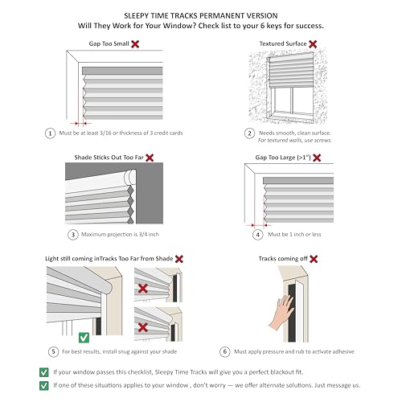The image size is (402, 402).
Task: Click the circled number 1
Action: pos(50,133)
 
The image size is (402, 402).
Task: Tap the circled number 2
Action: pos(249,133)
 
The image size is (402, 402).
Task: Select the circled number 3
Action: pos(73,235)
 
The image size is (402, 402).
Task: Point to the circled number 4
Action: pos(258,235)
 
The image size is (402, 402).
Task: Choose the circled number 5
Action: pos(53,351)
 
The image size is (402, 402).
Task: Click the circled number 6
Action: pos(225,351)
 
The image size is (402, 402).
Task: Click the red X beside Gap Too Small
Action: pos(135,44)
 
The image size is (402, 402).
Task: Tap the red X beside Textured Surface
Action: pos(313,44)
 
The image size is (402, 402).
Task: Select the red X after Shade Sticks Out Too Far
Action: pos(150,158)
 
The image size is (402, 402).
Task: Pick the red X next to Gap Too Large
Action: pos(317,158)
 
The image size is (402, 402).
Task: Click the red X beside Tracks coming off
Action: pos(314,259)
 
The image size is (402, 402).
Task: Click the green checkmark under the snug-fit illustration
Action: pos(84,338)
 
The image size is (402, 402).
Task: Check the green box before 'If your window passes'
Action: pos(44,372)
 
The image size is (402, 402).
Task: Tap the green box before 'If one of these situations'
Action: pos(44,385)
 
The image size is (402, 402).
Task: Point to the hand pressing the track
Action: pos(281,312)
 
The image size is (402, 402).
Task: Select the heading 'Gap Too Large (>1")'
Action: pos(283,158)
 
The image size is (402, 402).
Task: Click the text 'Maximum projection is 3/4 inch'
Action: pos(120,235)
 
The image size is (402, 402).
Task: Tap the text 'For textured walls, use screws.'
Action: pos(295,140)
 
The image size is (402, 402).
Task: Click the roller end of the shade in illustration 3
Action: pos(130,177)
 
